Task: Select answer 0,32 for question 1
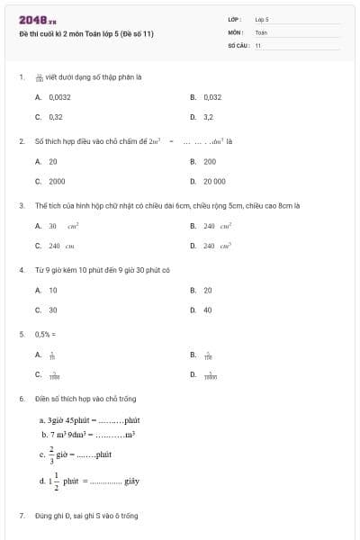56,116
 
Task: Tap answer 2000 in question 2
57,180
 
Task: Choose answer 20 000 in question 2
214,180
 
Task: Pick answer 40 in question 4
208,310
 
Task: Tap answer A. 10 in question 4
53,290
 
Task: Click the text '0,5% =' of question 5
43,334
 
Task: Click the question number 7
22,516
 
